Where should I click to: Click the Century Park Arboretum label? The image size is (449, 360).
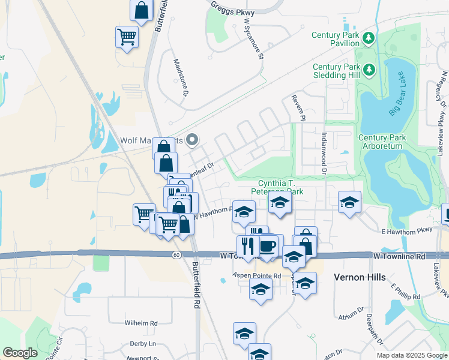pyautogui.click(x=382, y=142)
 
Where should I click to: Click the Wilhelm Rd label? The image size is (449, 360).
pyautogui.click(x=141, y=323)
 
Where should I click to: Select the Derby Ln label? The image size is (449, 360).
pyautogui.click(x=142, y=344)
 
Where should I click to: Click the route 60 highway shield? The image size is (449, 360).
pyautogui.click(x=175, y=256)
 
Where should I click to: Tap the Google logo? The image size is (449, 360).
pyautogui.click(x=20, y=353)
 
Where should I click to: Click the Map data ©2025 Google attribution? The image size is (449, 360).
pyautogui.click(x=412, y=355)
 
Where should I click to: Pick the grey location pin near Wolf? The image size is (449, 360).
pyautogui.click(x=192, y=140)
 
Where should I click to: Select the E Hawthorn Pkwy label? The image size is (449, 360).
pyautogui.click(x=407, y=230)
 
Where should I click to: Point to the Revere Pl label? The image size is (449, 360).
pyautogui.click(x=298, y=107)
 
